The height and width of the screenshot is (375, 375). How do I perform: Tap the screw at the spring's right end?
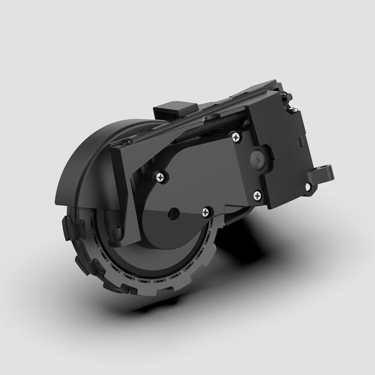[x=235, y=138]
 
